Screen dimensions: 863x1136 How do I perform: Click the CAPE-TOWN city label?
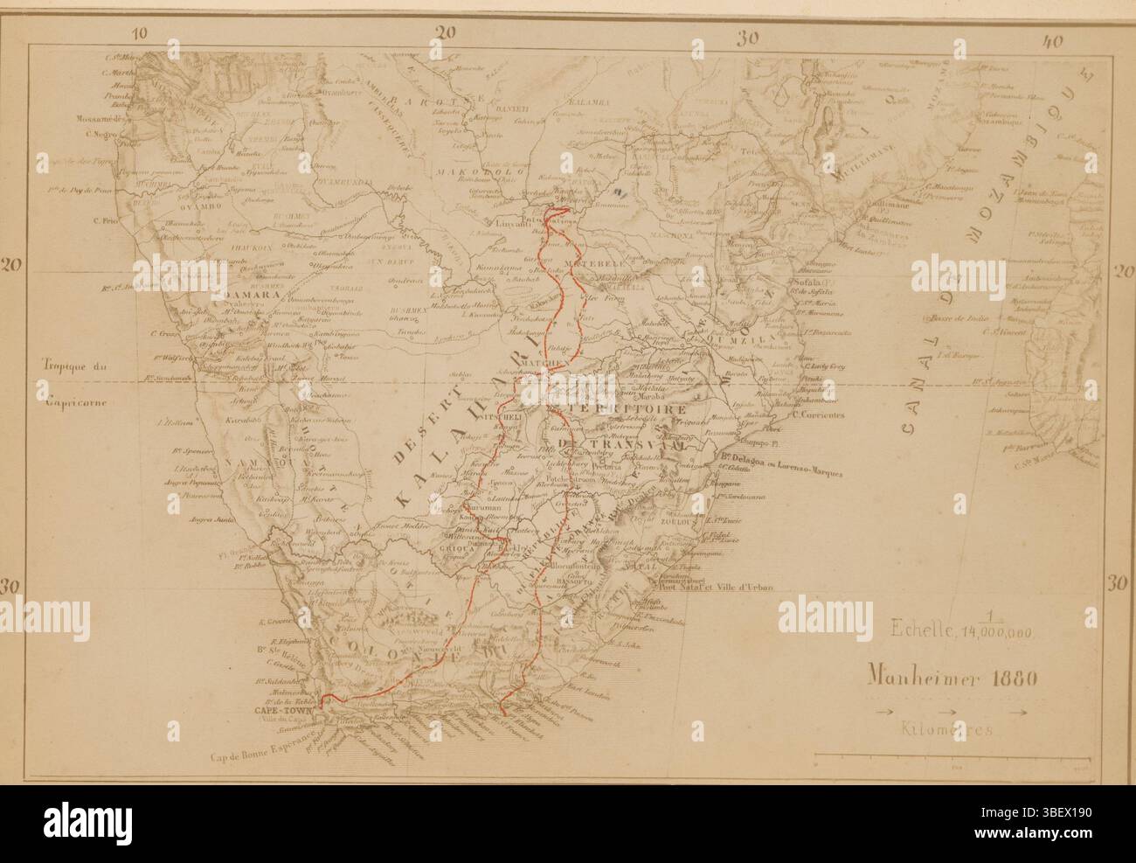[294, 711]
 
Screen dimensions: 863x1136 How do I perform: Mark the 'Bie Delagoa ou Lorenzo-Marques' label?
[782, 473]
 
